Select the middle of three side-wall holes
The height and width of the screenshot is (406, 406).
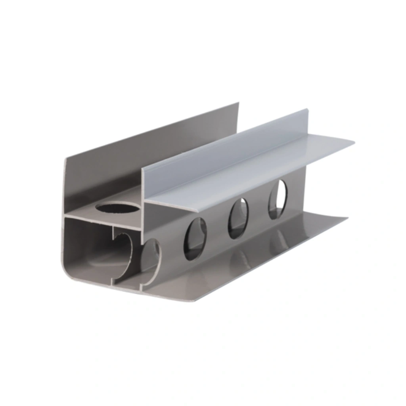click(x=238, y=218)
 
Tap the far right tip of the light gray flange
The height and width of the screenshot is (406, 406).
click(x=353, y=142)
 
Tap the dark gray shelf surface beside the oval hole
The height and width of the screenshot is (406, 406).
click(x=87, y=210)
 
